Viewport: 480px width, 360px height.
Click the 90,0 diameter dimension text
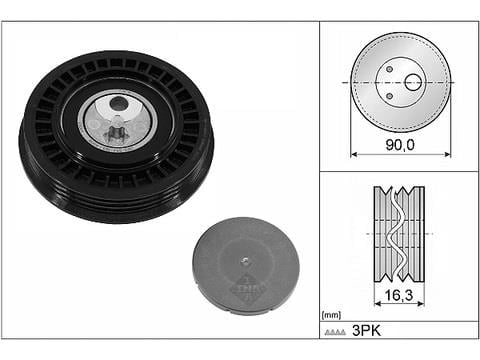tap(400, 145)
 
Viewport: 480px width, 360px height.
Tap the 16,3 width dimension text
tap(399, 295)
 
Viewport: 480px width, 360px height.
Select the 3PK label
tap(366, 331)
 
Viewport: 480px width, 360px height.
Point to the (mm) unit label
tap(331, 315)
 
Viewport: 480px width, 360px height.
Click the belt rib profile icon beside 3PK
tap(335, 332)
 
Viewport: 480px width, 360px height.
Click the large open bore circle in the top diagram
tap(413, 82)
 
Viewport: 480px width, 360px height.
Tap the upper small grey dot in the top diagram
tap(389, 69)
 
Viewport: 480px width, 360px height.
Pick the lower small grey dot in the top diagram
tap(389, 96)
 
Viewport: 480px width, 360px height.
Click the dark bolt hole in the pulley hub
tap(118, 104)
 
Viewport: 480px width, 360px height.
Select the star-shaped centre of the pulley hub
tap(116, 132)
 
